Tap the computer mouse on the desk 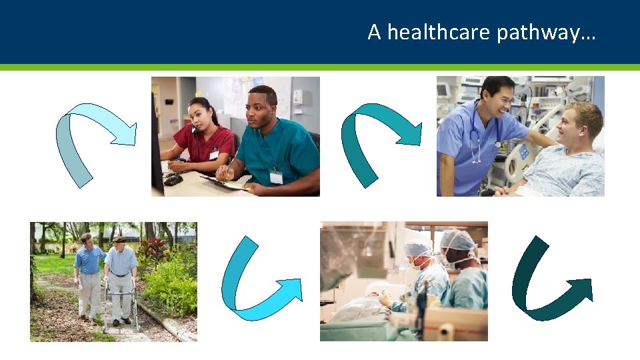tap(173, 180)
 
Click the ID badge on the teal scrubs tap(276, 177)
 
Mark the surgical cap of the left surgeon tap(418, 248)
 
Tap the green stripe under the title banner tap(320, 67)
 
